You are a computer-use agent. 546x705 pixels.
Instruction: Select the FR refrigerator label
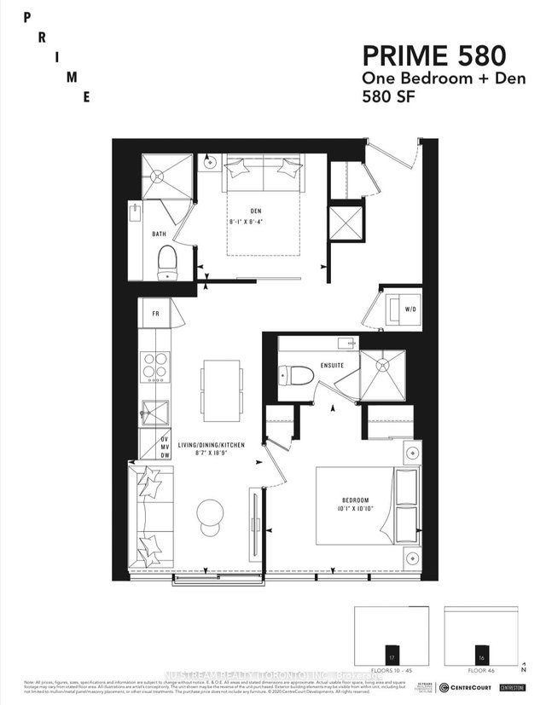pyautogui.click(x=155, y=313)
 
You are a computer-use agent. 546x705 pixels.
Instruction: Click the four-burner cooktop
pyautogui.click(x=154, y=367)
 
